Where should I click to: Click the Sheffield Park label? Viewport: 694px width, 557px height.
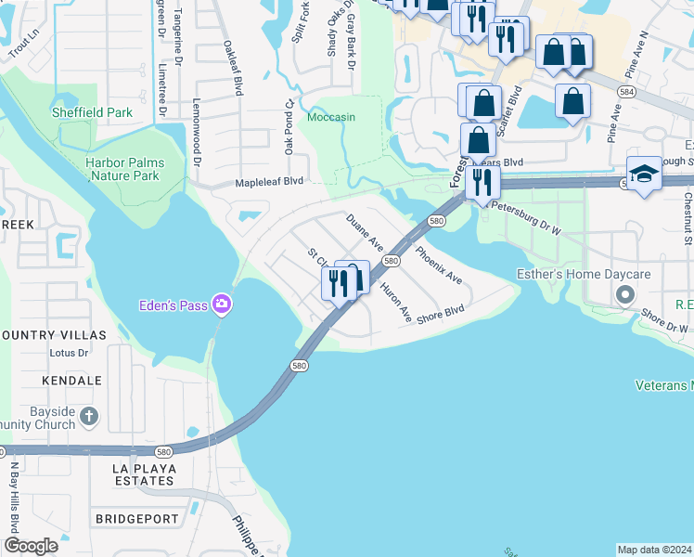(x=93, y=113)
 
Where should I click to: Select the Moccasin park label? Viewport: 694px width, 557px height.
(x=331, y=118)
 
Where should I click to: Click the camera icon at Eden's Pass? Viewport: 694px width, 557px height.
(x=222, y=304)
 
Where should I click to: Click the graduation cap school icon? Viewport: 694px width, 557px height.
(x=643, y=174)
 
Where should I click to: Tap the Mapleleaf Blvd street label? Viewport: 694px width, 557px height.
(x=270, y=182)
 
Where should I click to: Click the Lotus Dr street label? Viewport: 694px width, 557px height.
(x=70, y=353)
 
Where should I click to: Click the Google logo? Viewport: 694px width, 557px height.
(x=32, y=546)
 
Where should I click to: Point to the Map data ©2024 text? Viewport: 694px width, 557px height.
(x=654, y=550)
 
